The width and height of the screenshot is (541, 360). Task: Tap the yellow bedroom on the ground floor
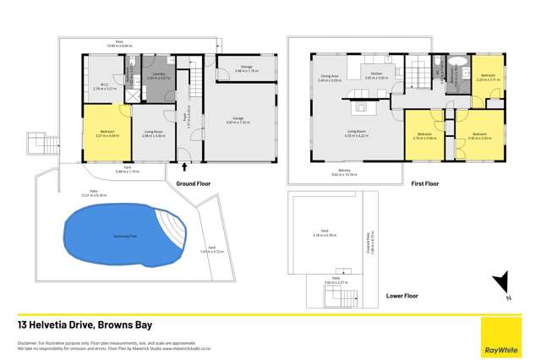(107, 133)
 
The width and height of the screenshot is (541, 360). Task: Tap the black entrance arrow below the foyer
(184, 168)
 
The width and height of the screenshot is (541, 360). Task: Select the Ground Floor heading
(194, 182)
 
